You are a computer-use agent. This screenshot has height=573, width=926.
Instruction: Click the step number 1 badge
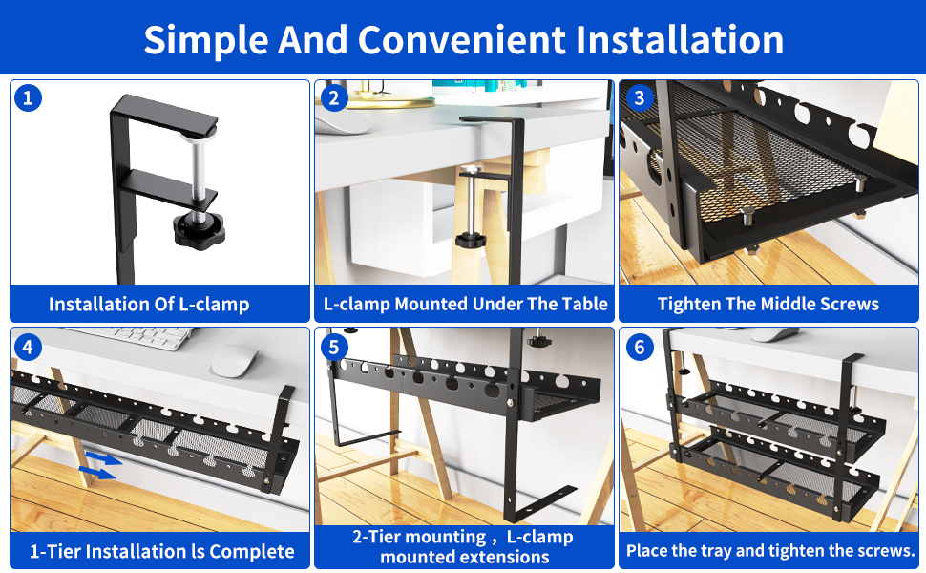[x=28, y=98]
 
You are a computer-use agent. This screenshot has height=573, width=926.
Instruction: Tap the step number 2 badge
[x=334, y=98]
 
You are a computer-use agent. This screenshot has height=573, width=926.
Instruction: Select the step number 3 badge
[x=639, y=98]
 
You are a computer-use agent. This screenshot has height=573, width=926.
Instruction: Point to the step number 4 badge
[x=28, y=347]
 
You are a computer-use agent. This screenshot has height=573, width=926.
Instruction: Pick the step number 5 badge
[x=334, y=347]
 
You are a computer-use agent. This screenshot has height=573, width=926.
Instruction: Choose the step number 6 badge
[x=639, y=347]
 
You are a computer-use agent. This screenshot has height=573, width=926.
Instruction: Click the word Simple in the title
[x=206, y=41]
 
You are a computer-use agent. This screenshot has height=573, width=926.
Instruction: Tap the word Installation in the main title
[x=680, y=39]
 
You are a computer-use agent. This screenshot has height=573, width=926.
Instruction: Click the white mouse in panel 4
[x=235, y=361]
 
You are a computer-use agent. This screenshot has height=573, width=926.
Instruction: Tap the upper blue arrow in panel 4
[x=104, y=458]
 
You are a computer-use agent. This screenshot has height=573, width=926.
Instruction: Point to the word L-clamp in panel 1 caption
[x=214, y=305]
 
